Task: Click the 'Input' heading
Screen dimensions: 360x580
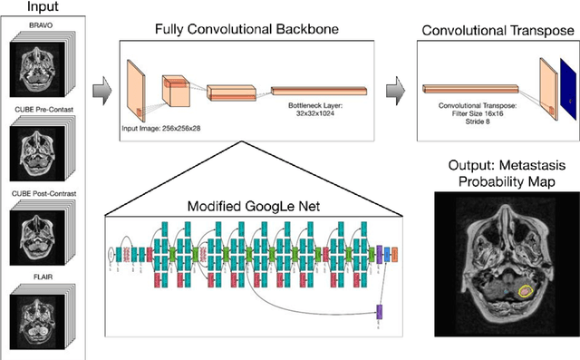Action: click(45, 9)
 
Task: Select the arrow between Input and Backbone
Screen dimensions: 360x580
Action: click(102, 89)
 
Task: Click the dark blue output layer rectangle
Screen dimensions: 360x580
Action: click(565, 92)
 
